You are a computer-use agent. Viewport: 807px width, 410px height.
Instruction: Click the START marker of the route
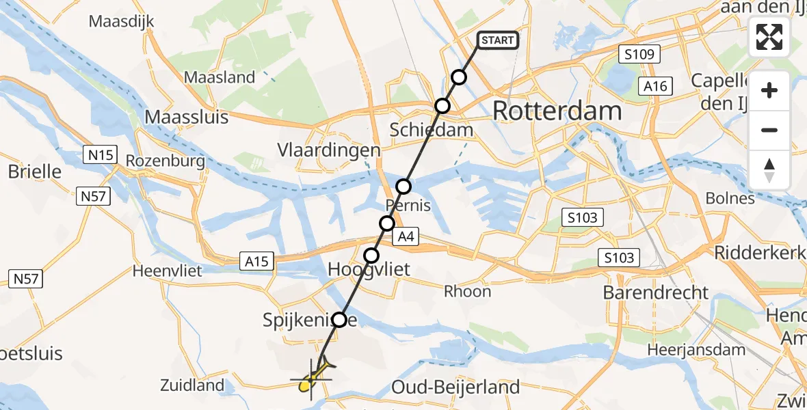coord(497,40)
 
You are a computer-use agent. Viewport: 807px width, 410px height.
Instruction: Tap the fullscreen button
coord(769,37)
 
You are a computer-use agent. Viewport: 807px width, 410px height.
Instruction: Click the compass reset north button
coord(769,170)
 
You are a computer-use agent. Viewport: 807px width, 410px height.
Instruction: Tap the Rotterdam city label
coord(557,111)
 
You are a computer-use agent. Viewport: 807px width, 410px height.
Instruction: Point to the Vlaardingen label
coord(328,150)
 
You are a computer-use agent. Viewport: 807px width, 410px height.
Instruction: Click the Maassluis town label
coord(187,117)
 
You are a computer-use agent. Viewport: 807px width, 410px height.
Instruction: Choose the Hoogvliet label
coord(369,270)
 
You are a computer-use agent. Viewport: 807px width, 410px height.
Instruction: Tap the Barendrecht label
coord(655,292)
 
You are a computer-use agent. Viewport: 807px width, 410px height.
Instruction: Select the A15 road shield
coord(257,260)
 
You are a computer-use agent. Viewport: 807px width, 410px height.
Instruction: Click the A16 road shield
coord(654,85)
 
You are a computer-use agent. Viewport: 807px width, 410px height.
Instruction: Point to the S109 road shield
coord(638,54)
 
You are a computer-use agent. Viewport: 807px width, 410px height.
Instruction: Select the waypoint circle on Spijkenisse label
coord(339,319)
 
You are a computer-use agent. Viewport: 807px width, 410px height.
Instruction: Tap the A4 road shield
coord(406,237)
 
